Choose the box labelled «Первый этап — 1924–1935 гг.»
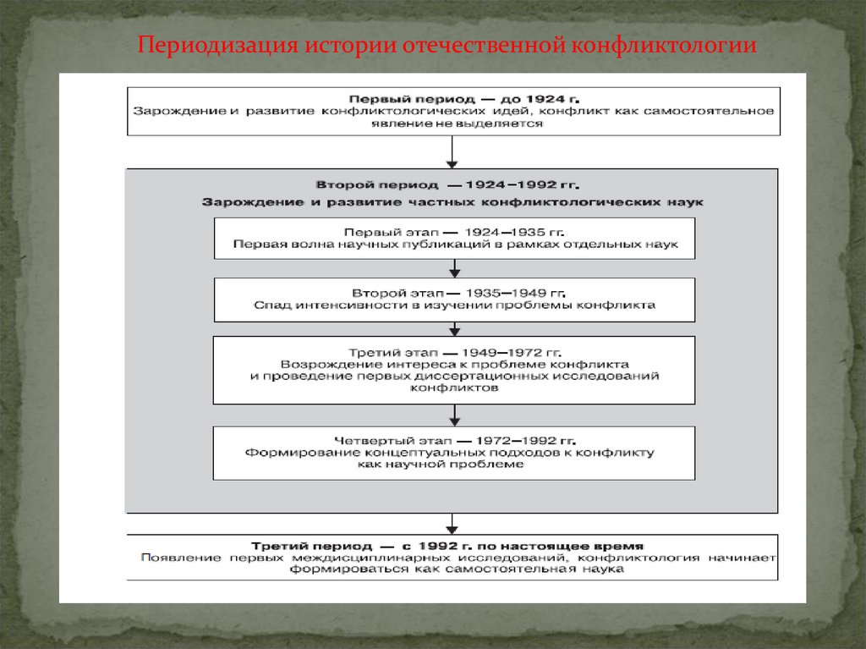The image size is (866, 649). pos(455,238)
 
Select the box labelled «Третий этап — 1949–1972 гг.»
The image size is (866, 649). pos(455,370)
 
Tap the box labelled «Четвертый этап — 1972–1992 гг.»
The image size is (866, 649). pos(455,453)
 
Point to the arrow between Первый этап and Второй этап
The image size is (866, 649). pos(455,268)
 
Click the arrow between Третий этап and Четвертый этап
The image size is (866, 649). pos(455,415)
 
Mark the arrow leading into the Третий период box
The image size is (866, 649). pos(453,522)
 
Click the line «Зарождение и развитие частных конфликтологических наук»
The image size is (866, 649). pos(452,202)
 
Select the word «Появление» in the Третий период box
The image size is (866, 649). pos(174,558)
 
